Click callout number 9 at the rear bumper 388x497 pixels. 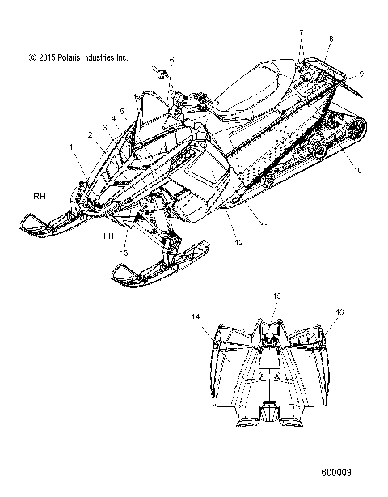point(361,74)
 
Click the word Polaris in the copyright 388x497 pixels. point(69,57)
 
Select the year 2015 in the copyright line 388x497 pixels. point(44,57)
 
